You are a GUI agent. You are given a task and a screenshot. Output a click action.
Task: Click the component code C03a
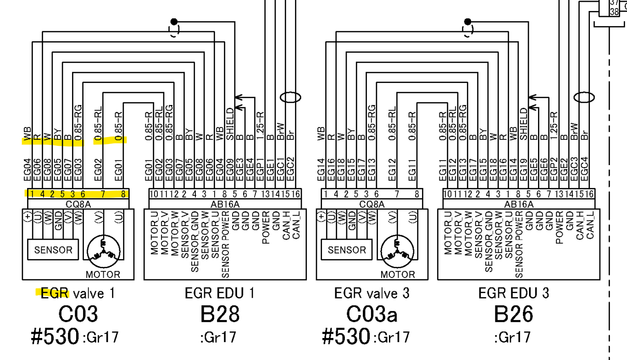click(372, 315)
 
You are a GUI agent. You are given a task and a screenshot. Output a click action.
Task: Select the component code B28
click(220, 315)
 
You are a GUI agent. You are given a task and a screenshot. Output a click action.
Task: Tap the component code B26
click(514, 315)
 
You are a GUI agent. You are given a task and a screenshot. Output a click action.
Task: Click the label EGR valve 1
click(78, 293)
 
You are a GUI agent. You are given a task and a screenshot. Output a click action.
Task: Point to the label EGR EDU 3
click(514, 293)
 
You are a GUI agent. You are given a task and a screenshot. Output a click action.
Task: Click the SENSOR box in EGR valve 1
click(53, 250)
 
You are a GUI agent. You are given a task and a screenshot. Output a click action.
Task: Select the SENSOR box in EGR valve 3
click(347, 250)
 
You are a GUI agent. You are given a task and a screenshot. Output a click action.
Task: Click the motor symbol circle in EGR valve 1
click(104, 253)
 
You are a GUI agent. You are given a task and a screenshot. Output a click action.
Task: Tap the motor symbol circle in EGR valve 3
click(398, 253)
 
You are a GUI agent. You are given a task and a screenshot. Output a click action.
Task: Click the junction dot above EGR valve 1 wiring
click(174, 21)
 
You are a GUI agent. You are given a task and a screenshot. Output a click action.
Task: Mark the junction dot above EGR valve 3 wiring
click(468, 21)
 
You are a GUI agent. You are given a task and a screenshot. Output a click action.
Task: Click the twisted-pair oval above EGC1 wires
click(290, 97)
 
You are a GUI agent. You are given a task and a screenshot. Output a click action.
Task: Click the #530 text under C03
click(55, 337)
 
